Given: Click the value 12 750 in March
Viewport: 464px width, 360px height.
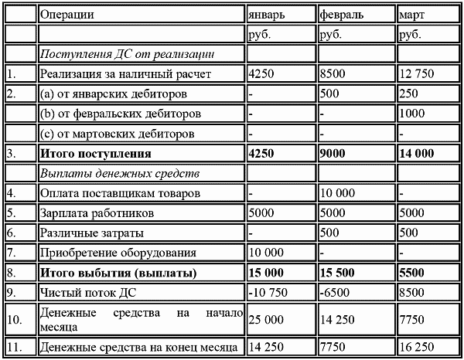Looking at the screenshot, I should pos(416,74).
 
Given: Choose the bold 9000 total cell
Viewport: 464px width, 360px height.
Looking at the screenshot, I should pos(334,153).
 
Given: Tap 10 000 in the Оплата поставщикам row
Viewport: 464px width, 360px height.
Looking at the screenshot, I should pos(337,192).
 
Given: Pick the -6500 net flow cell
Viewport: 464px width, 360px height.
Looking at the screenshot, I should pos(334,292).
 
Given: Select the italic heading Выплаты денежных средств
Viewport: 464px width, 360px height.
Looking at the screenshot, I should pos(120,172).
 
